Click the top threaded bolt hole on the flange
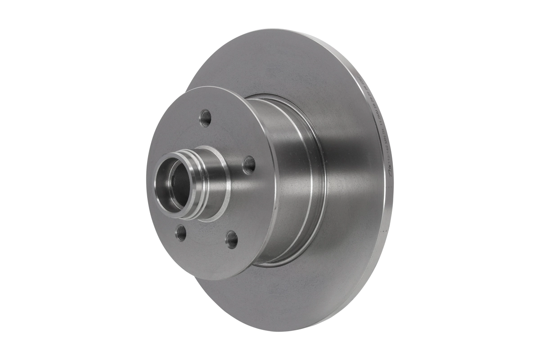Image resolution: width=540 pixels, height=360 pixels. (x=205, y=118)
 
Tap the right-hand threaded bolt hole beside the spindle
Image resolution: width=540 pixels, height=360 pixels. (x=249, y=165)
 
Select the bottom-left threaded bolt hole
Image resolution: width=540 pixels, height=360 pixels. (x=181, y=232)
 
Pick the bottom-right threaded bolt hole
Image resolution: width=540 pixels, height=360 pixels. (x=231, y=239)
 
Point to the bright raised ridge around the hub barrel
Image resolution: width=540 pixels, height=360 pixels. (x=310, y=180)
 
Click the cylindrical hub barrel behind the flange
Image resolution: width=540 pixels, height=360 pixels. (x=288, y=180)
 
